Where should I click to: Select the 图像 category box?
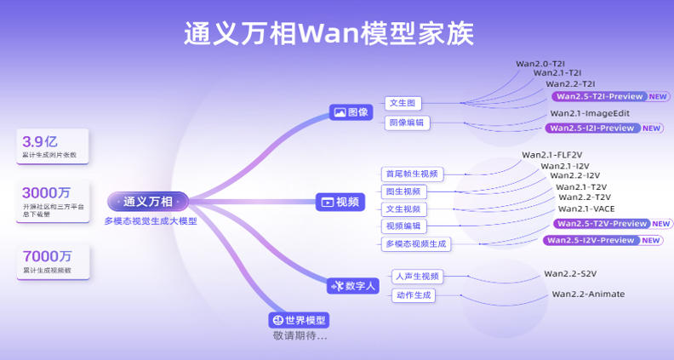click(351, 111)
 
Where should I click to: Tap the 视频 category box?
click(340, 202)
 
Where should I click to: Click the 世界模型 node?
click(300, 320)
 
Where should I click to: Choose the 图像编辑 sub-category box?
click(408, 123)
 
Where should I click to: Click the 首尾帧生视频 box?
click(412, 174)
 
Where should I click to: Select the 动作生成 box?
click(414, 295)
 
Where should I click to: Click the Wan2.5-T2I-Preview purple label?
click(598, 96)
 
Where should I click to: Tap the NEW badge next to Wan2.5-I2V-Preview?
click(651, 240)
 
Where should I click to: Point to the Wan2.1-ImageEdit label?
click(590, 113)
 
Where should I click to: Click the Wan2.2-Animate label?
click(588, 294)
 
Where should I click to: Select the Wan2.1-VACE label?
click(586, 209)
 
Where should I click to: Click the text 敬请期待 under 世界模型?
click(300, 336)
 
